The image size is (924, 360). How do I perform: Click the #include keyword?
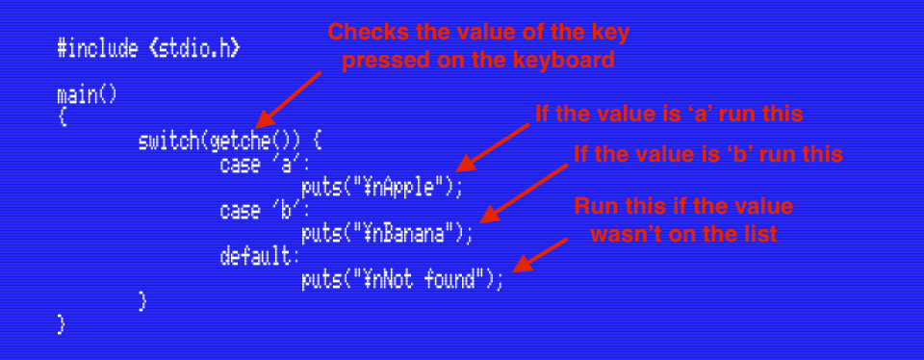[97, 48]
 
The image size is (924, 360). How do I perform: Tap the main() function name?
[87, 95]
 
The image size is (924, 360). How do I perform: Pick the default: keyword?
[260, 257]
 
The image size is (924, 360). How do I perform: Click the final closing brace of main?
[61, 324]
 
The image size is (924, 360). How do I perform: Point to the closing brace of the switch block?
[142, 301]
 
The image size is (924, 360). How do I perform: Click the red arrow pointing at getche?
[289, 99]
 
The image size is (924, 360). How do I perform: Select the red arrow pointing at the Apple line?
[493, 147]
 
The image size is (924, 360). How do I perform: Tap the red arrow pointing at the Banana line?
[524, 193]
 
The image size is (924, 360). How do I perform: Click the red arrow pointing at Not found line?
[540, 255]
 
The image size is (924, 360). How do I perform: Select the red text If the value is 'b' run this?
[708, 154]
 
